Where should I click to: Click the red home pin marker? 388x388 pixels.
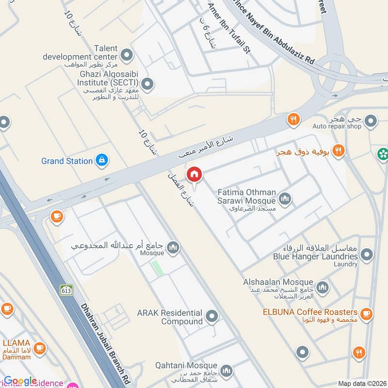click(x=194, y=174)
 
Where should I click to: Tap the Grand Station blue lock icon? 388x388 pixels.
click(x=101, y=161)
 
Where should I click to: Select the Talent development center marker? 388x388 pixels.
click(x=127, y=56)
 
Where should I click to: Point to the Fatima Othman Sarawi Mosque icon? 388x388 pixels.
click(x=285, y=198)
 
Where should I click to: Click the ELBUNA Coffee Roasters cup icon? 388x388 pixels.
click(x=367, y=313)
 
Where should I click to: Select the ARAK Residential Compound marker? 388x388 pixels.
click(x=211, y=317)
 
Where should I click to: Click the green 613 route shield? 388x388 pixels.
click(x=66, y=290)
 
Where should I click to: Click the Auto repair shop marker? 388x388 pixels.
click(x=371, y=120)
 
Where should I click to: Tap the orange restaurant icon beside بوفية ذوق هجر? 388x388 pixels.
click(x=339, y=151)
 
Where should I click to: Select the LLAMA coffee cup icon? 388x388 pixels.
click(x=40, y=348)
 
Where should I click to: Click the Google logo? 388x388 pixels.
click(x=20, y=381)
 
